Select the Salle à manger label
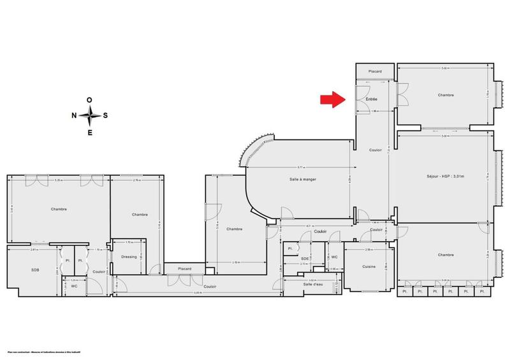tap(303, 180)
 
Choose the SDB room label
tap(35, 270)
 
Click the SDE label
tap(305, 258)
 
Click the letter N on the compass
tap(74, 115)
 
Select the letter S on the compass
tap(106, 115)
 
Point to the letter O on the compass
tap(90, 99)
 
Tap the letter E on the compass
tap(90, 132)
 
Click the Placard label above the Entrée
tap(375, 72)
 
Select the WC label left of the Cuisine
tap(334, 257)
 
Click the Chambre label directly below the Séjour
tap(446, 255)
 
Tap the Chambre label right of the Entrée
tap(446, 95)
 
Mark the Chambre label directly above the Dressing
tap(140, 215)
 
